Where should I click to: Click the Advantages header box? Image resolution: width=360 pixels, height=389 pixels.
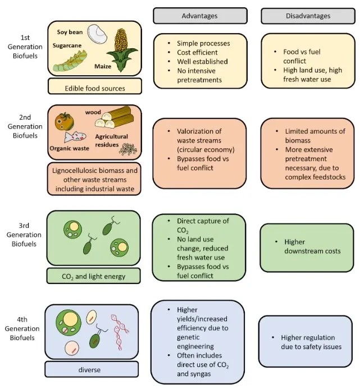pos(199,16)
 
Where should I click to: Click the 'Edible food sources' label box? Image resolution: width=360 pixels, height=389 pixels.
pos(94,87)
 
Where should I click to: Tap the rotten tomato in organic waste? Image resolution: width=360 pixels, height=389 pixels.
pos(62,121)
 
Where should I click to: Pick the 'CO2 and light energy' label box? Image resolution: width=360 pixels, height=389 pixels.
pos(94,276)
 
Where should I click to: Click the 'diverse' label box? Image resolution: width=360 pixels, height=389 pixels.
pos(91,370)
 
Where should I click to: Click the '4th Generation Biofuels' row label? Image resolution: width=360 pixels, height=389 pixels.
pos(20,328)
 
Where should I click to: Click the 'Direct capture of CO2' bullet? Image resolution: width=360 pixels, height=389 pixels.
pos(202,225)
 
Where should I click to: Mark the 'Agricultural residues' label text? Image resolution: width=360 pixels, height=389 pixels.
pos(111,140)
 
